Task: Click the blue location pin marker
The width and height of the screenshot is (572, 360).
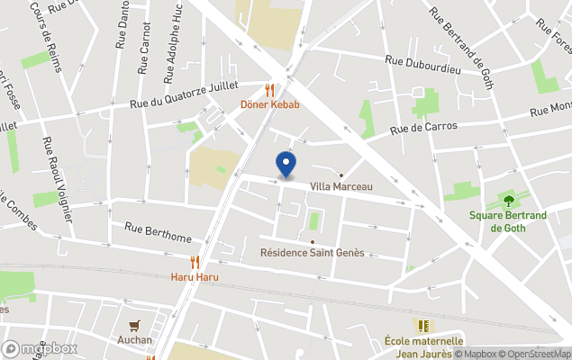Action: pyautogui.click(x=286, y=165)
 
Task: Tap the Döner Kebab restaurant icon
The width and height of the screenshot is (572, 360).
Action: pyautogui.click(x=269, y=91)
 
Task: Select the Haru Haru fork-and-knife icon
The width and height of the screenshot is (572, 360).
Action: pyautogui.click(x=195, y=263)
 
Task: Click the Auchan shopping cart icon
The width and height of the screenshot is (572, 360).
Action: pyautogui.click(x=135, y=327)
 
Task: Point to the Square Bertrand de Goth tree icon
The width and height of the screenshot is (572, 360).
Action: pyautogui.click(x=508, y=200)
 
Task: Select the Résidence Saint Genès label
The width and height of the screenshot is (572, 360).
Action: pyautogui.click(x=312, y=253)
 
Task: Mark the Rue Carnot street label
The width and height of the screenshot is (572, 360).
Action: pyautogui.click(x=143, y=49)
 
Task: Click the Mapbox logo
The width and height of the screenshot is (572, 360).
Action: pyautogui.click(x=39, y=348)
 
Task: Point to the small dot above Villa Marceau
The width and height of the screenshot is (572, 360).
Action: pyautogui.click(x=340, y=175)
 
